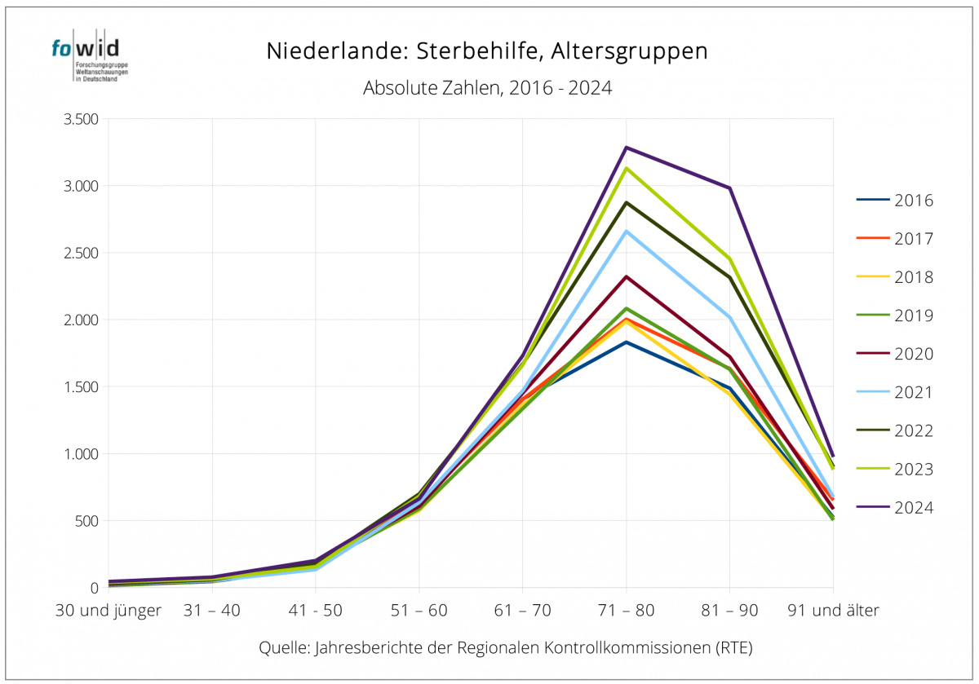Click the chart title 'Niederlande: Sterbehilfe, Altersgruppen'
pos(486,51)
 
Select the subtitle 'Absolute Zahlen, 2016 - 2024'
pos(487,88)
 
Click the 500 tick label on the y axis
pos(86,521)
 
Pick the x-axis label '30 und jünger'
pos(109,610)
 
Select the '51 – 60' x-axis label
pos(419,610)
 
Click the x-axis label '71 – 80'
pos(626,610)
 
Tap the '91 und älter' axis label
pos(832,610)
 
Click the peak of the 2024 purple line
pos(626,148)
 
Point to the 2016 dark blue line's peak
pos(626,342)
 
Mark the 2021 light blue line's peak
pos(626,232)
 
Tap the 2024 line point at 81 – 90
pos(729,188)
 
